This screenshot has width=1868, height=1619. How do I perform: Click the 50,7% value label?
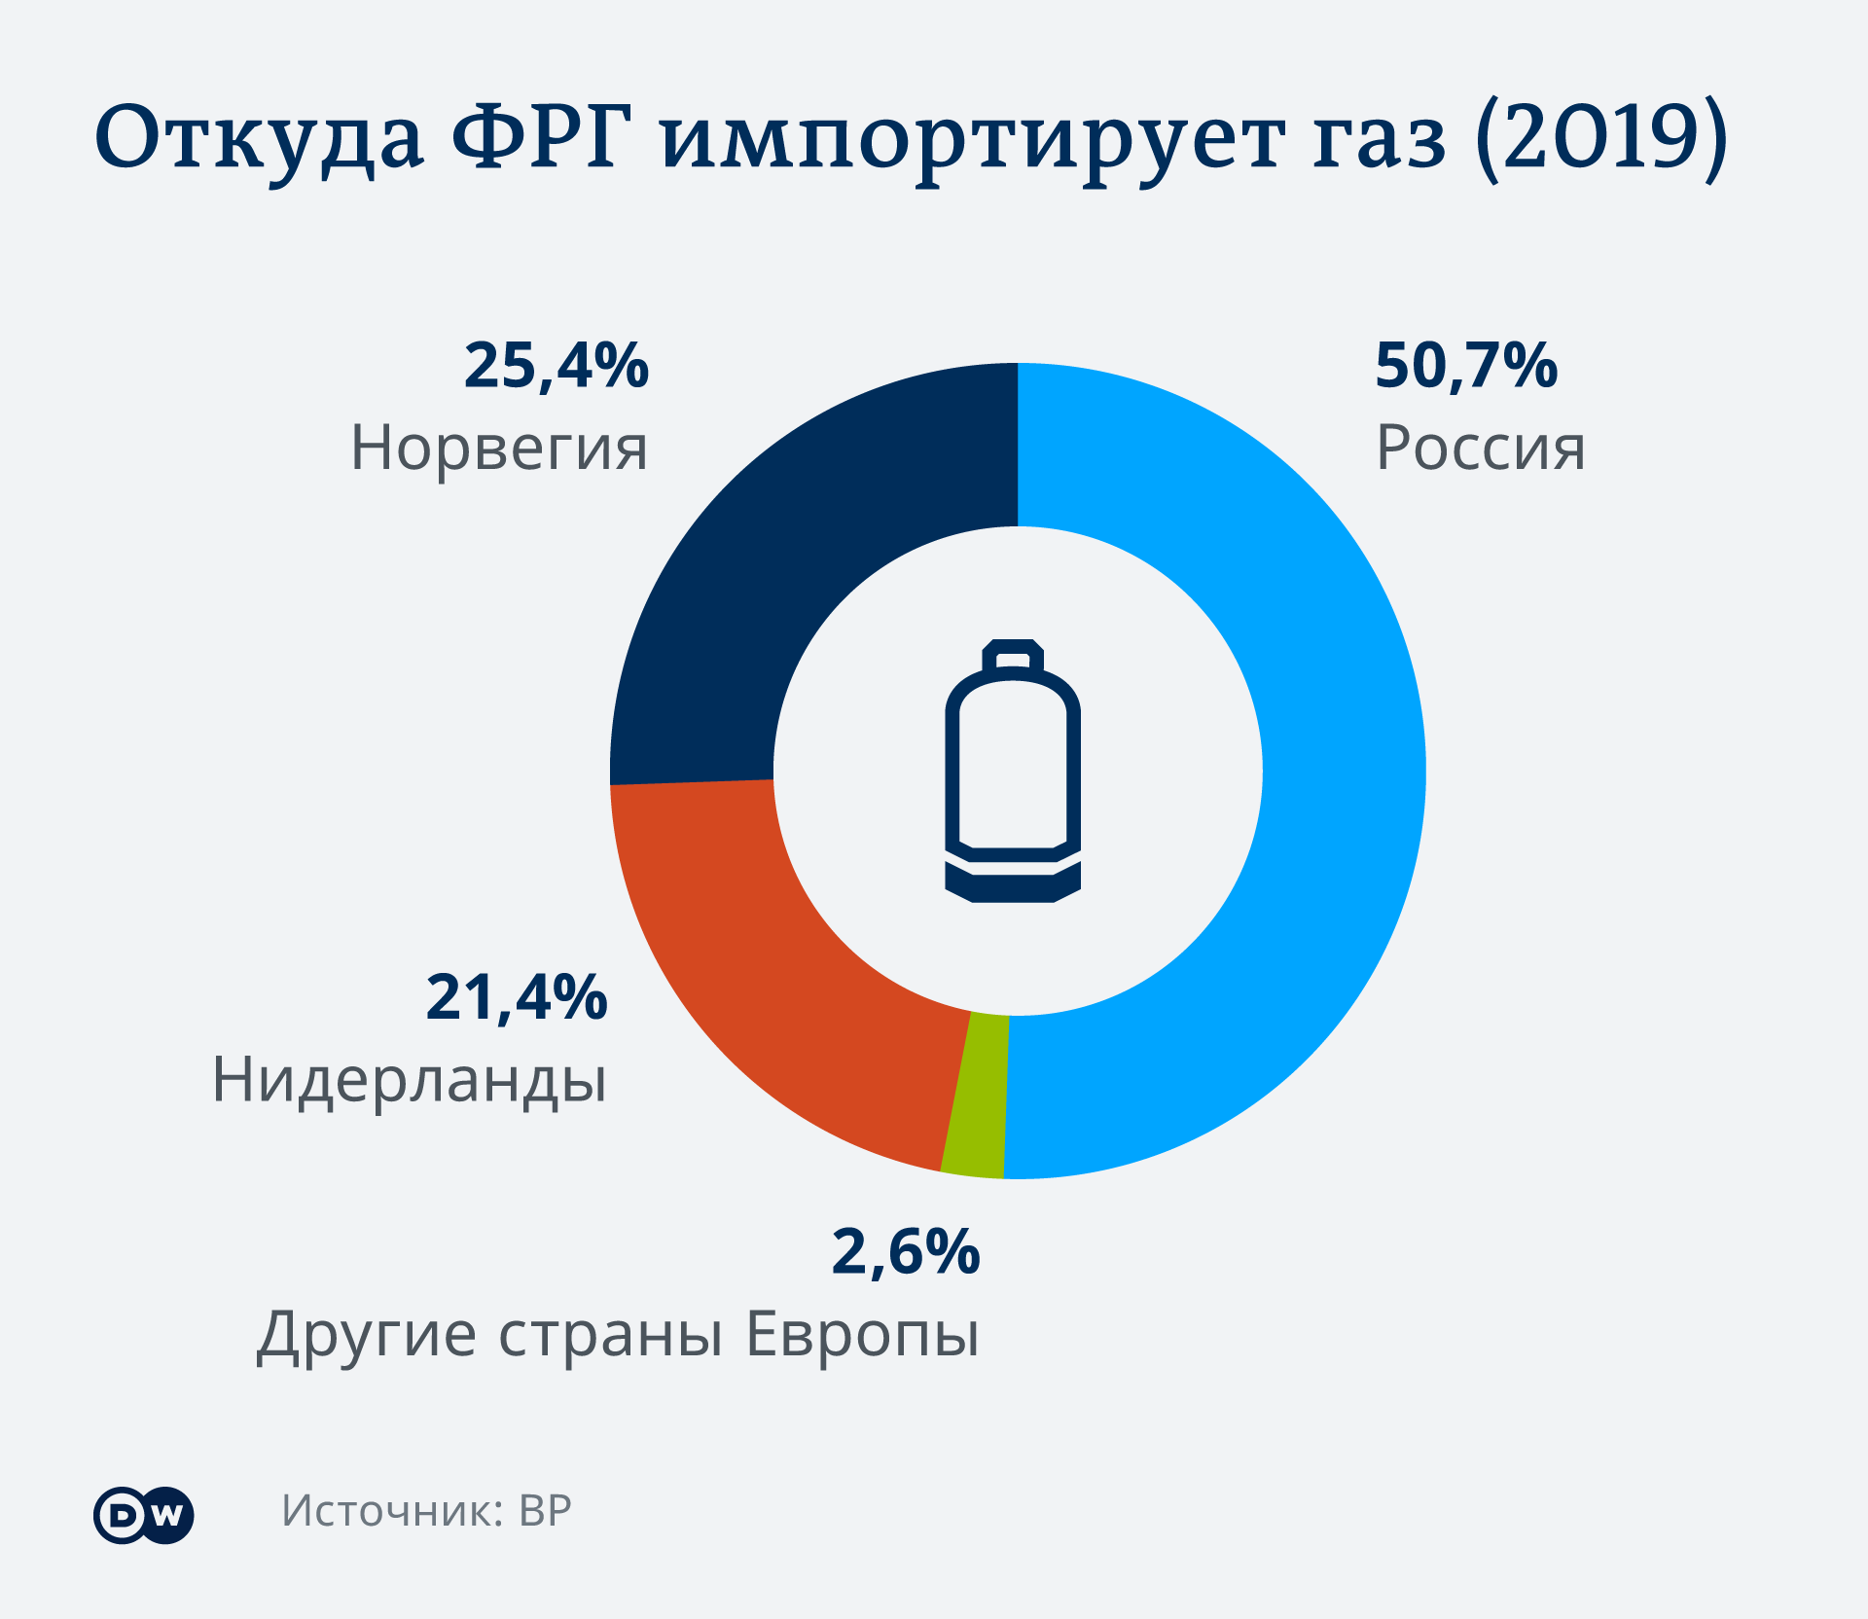1466,366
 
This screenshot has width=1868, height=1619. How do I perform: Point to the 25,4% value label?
557,366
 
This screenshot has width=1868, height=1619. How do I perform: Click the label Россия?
1480,449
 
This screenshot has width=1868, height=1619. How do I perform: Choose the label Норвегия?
499,449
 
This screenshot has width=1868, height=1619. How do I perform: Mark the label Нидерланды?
410,1081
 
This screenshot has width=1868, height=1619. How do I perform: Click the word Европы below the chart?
862,1334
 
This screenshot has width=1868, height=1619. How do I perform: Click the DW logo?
144,1515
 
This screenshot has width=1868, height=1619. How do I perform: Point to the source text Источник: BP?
426,1511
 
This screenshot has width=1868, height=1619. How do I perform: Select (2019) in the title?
1601,138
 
